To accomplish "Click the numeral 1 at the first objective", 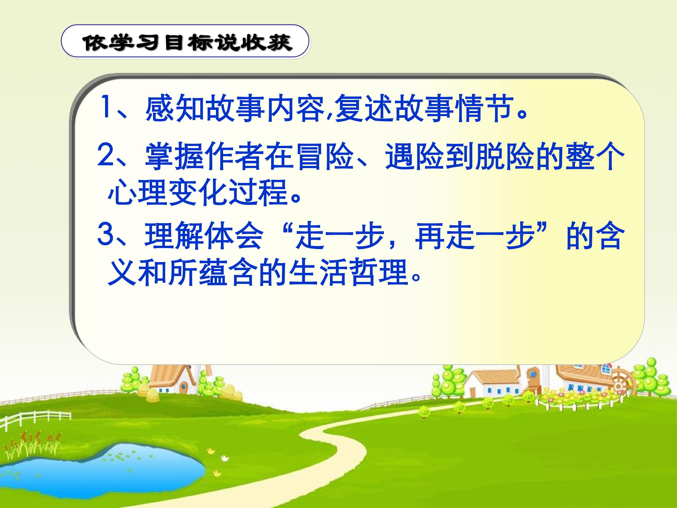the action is pyautogui.click(x=106, y=107).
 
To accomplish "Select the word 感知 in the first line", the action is pyautogui.click(x=175, y=108).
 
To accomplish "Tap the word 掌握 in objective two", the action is pyautogui.click(x=175, y=156).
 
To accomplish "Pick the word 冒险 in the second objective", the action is pyautogui.click(x=325, y=156).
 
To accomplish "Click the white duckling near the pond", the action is pyautogui.click(x=225, y=458).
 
